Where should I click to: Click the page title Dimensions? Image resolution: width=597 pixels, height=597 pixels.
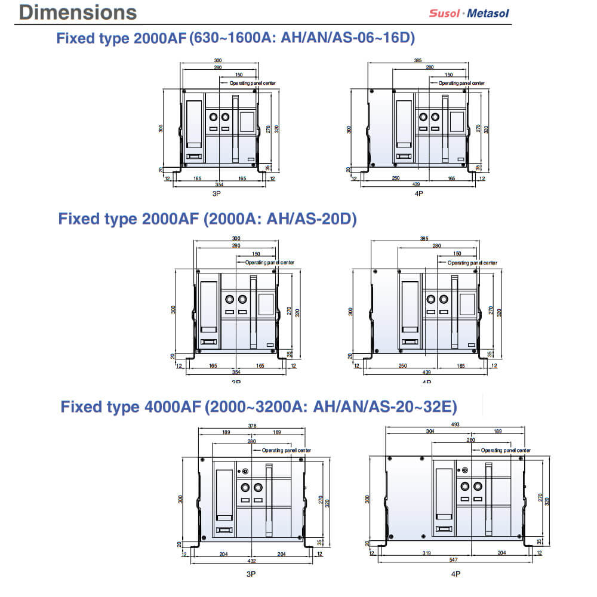point(77,12)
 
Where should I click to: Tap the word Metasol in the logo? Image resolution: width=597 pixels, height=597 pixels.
point(488,13)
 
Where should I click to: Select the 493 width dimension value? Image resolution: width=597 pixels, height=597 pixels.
point(456,425)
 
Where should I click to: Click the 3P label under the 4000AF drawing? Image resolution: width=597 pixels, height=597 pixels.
point(251,574)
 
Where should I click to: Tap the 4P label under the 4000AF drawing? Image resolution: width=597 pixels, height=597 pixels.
point(456,574)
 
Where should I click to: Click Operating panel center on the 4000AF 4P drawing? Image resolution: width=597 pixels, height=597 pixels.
point(505,450)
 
